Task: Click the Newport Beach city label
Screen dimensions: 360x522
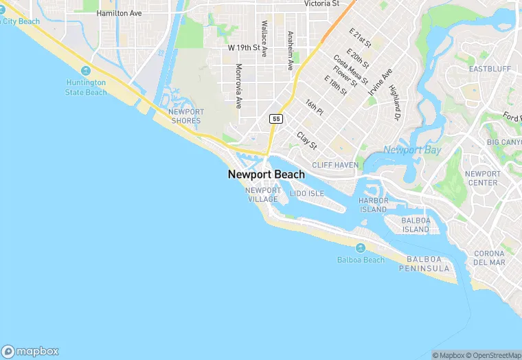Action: point(266,175)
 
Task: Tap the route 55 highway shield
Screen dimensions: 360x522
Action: point(276,119)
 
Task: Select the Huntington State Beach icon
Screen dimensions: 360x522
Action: point(86,71)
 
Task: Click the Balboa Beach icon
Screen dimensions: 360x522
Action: point(360,248)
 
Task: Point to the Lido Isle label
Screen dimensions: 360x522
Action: point(306,194)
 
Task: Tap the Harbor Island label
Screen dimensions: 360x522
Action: point(373,205)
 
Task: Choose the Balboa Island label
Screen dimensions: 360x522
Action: point(415,225)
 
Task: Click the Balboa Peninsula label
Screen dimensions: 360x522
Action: point(428,263)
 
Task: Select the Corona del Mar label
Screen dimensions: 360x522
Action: point(489,258)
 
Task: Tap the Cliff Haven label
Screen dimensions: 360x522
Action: point(335,165)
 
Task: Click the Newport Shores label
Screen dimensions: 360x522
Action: point(186,116)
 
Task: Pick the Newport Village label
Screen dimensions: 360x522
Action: point(262,194)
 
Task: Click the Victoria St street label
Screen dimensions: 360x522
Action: point(321,3)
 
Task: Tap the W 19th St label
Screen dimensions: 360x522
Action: point(245,48)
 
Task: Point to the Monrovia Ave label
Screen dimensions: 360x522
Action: point(238,87)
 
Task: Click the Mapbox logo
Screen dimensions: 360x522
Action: point(30,350)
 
